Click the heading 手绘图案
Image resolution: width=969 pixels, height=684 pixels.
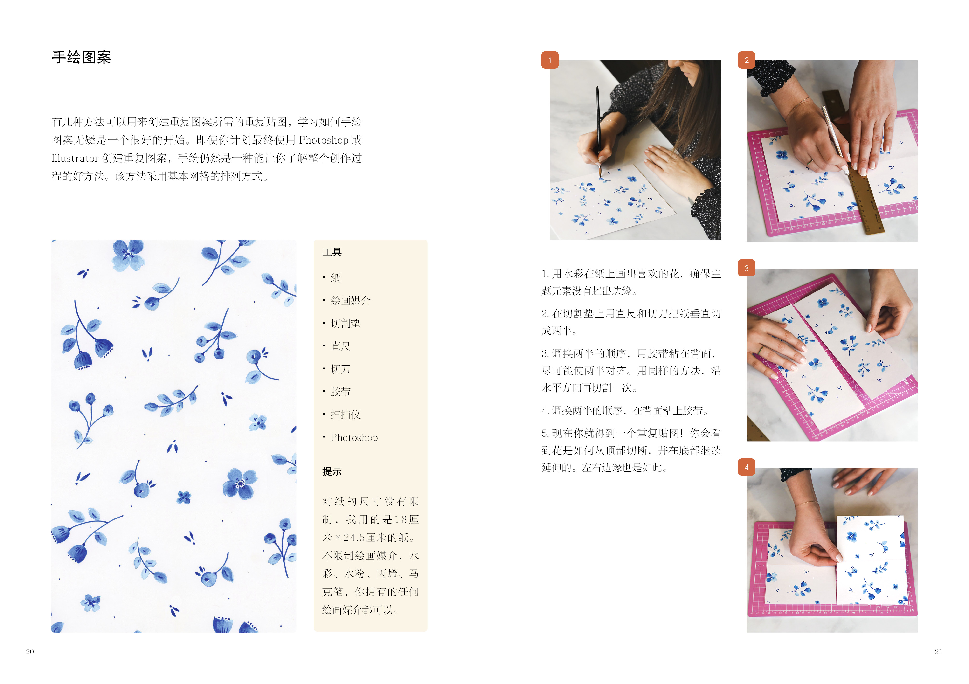point(82,57)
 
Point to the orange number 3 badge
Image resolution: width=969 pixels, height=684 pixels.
point(746,268)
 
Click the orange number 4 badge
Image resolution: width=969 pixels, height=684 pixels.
point(746,467)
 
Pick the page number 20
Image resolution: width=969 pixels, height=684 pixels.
point(30,651)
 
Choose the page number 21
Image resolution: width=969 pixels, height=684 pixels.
point(938,651)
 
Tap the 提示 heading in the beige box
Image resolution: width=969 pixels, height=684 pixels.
point(332,472)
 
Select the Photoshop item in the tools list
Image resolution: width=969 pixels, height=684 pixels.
point(354,438)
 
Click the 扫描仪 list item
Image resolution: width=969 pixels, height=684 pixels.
point(345,415)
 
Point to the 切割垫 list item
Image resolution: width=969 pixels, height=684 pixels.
point(345,324)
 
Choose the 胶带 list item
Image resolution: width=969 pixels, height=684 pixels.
point(340,392)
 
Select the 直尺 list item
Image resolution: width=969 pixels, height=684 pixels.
point(340,346)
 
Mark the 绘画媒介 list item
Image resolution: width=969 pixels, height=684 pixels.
point(350,301)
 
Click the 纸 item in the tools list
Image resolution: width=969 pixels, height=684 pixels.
point(336,278)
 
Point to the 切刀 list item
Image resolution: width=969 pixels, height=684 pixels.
point(340,369)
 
